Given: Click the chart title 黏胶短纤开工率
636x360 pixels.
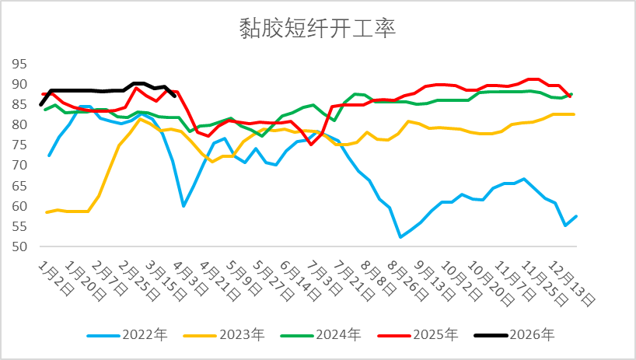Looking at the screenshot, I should (x=318, y=30).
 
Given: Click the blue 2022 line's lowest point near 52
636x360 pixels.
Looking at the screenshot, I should (x=400, y=237).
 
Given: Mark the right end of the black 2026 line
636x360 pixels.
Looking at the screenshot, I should (x=174, y=96).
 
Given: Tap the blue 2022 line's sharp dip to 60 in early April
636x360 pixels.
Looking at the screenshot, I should (x=183, y=206).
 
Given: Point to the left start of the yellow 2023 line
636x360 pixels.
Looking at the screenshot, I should (x=47, y=212).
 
